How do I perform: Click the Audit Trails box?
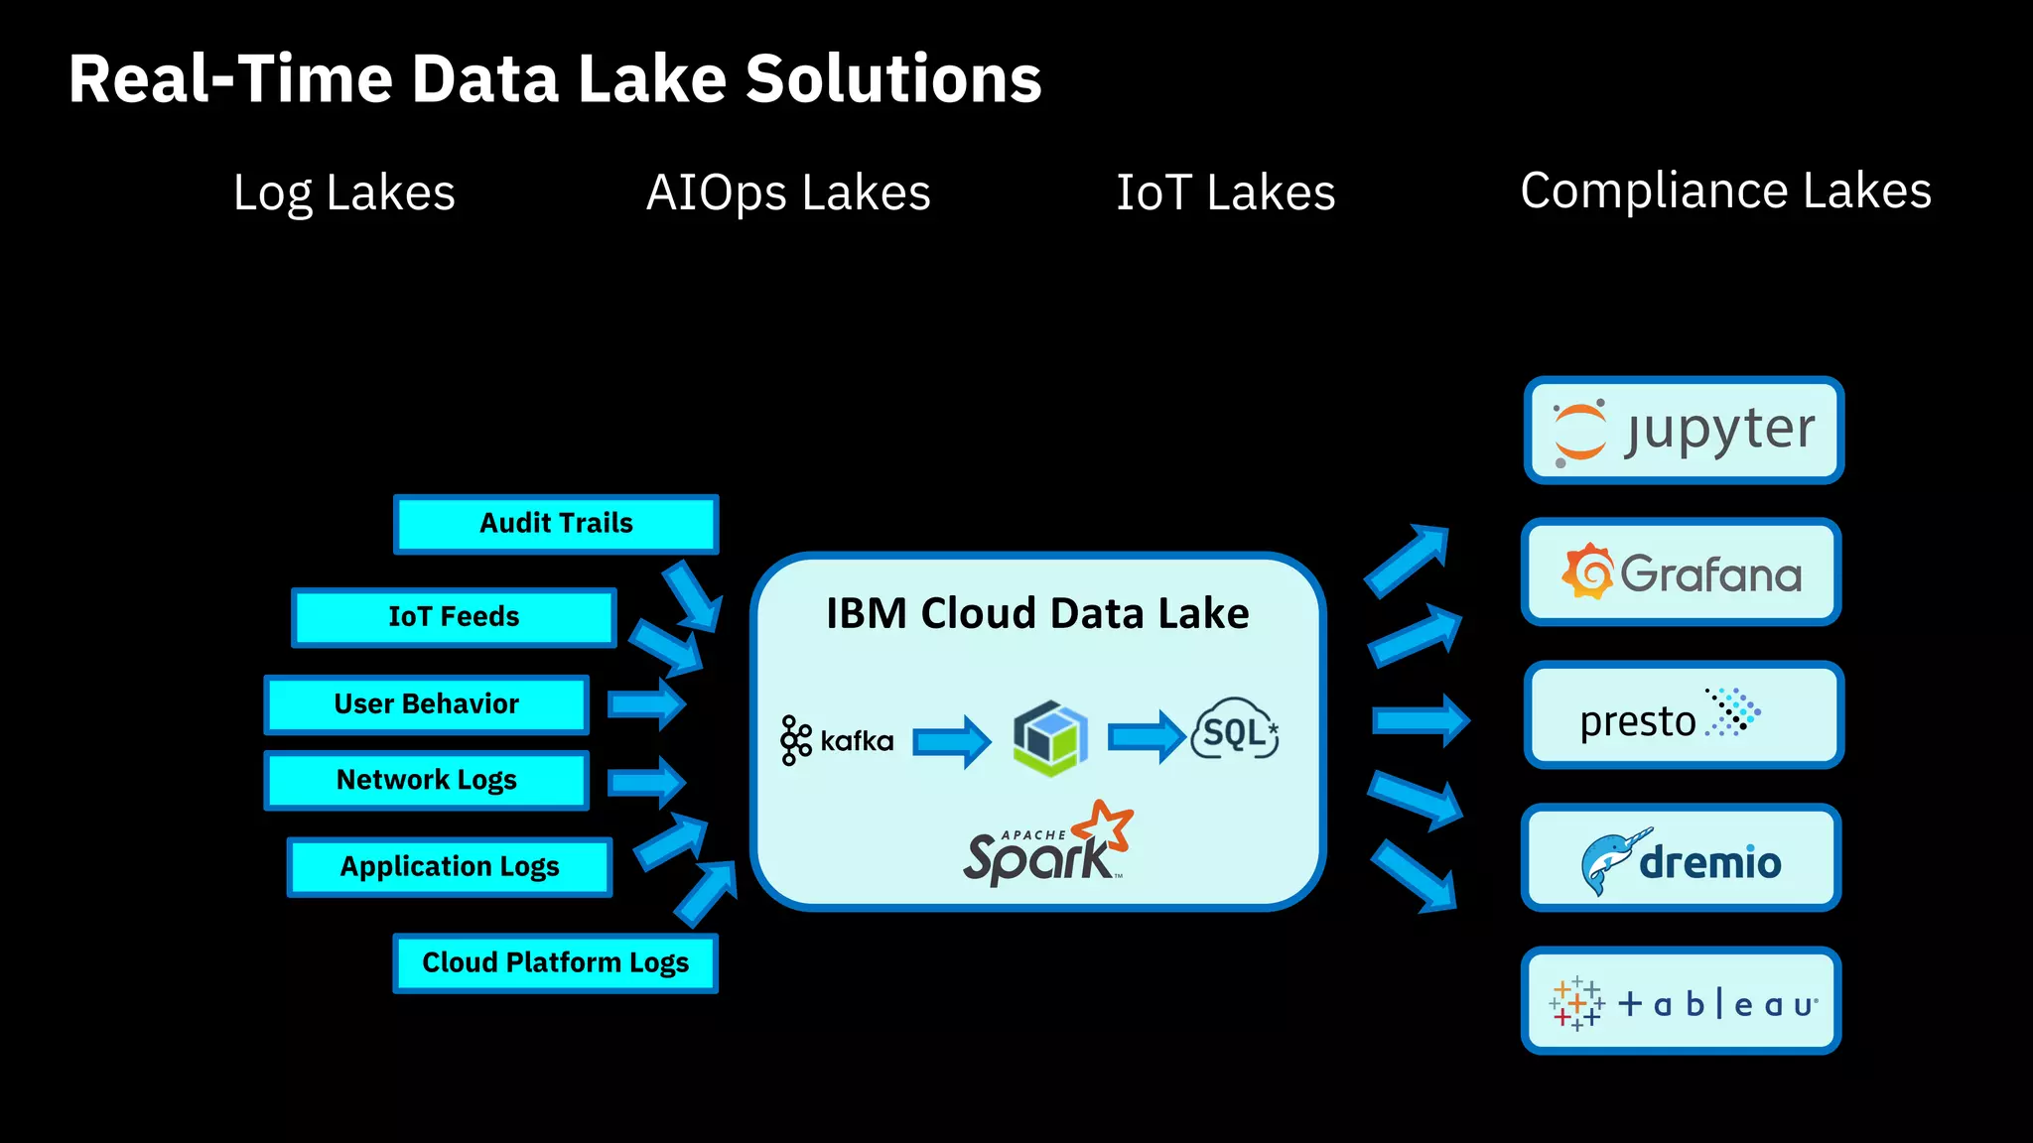[556, 524]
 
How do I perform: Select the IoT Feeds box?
[454, 617]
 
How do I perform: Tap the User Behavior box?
[427, 704]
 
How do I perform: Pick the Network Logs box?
[427, 780]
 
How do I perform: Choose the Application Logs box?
[450, 867]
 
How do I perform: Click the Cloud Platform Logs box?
[555, 962]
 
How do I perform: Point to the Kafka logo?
[837, 740]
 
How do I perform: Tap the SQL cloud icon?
[1235, 730]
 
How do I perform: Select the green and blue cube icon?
[1050, 738]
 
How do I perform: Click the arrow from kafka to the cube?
[951, 741]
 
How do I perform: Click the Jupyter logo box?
[1684, 431]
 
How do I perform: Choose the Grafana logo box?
[1682, 572]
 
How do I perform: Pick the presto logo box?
[1684, 715]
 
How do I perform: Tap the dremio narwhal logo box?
[1682, 858]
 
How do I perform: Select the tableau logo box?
[1682, 1001]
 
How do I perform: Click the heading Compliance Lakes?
[1725, 190]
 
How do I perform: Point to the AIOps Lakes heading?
[788, 192]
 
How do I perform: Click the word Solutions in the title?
[893, 79]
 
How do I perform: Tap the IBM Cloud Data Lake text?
[1037, 613]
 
